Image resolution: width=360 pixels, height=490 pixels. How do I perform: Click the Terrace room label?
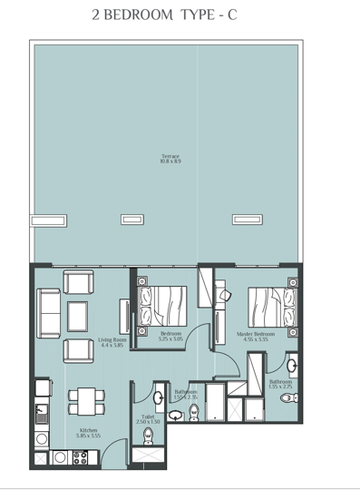click(x=170, y=157)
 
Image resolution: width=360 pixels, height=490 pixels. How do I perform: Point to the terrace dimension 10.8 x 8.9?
click(x=170, y=162)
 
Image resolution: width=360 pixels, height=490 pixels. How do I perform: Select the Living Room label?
click(x=112, y=340)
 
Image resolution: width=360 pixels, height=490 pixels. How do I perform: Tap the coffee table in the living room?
click(x=78, y=315)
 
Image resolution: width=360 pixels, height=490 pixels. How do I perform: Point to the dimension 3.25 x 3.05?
click(x=171, y=339)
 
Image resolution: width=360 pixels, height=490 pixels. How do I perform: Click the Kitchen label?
click(x=88, y=430)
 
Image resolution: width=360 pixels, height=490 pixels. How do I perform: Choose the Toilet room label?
click(x=148, y=417)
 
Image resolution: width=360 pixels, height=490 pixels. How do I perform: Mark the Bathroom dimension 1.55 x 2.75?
click(x=280, y=387)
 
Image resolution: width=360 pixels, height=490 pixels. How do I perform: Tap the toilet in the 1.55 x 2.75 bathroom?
click(x=287, y=397)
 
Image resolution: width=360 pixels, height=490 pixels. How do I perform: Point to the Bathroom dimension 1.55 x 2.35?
click(x=186, y=397)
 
